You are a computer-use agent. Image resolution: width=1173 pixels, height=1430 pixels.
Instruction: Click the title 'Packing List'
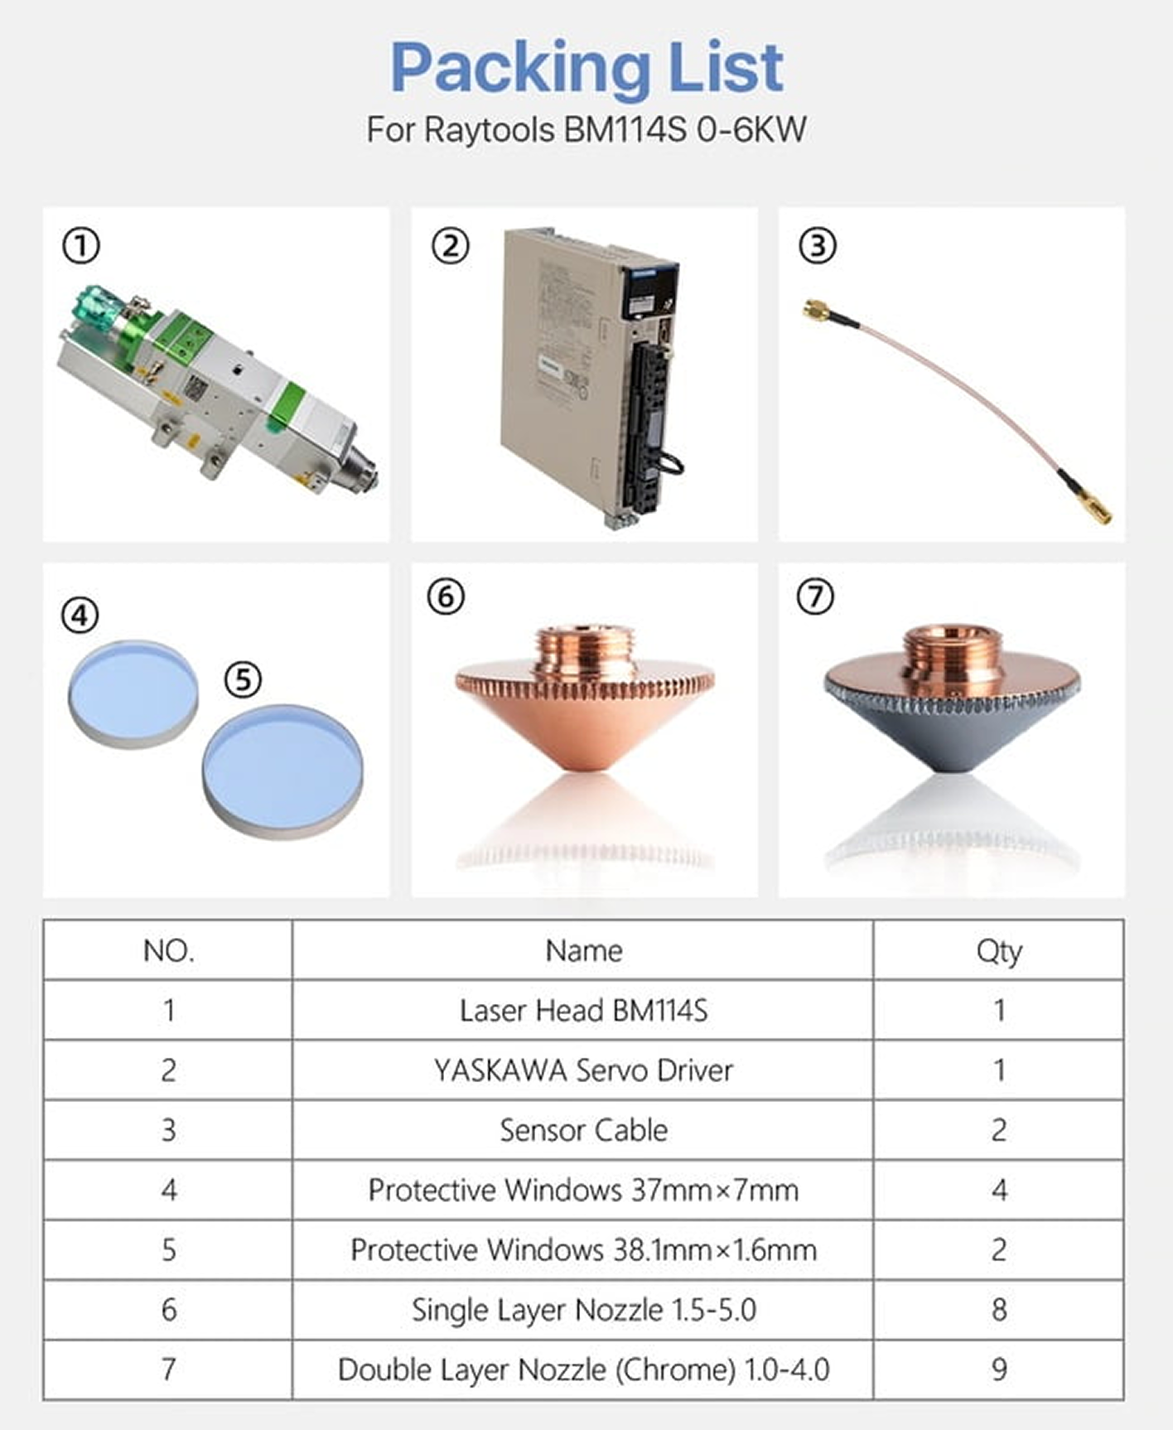click(x=586, y=67)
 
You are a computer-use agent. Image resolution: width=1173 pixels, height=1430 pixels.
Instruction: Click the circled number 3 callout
click(x=817, y=246)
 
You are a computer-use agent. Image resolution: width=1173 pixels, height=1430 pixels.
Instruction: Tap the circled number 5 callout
click(x=243, y=679)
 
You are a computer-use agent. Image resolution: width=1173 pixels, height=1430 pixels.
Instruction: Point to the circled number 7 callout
click(x=815, y=597)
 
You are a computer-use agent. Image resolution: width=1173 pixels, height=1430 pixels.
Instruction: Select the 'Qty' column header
click(x=999, y=951)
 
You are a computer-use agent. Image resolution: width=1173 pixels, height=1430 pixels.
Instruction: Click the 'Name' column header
click(x=583, y=950)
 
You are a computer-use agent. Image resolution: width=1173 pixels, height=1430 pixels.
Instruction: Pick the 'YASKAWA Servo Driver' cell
click(x=583, y=1070)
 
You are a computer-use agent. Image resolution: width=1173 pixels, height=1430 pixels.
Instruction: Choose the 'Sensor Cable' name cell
click(x=583, y=1130)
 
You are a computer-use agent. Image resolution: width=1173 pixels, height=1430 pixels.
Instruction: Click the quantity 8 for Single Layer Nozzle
click(x=999, y=1310)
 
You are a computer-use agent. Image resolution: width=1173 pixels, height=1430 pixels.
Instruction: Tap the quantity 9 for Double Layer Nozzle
click(x=999, y=1370)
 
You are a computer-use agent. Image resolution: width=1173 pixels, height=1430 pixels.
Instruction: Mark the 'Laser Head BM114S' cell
click(x=583, y=1011)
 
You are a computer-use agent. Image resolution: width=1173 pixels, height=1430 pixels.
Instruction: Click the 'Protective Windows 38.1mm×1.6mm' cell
click(x=583, y=1249)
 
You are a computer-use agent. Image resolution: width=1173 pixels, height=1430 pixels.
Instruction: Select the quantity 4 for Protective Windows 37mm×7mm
click(x=999, y=1191)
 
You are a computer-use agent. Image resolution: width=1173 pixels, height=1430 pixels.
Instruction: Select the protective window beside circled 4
click(x=133, y=694)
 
